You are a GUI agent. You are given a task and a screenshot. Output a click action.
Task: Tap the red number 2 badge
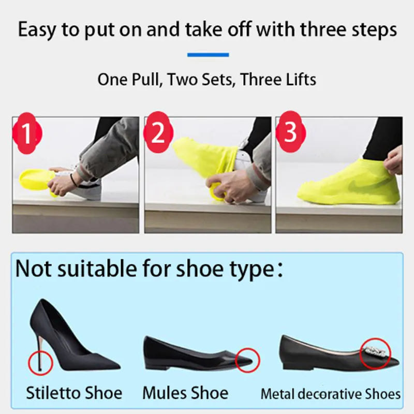[x=158, y=133]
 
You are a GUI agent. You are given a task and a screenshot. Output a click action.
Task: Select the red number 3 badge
[x=290, y=132]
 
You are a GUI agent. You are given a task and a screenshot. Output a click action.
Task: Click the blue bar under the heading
[x=208, y=54]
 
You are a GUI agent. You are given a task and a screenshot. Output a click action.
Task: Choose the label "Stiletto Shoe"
[x=74, y=393]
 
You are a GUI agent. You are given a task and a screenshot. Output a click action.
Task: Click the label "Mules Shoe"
[x=185, y=393]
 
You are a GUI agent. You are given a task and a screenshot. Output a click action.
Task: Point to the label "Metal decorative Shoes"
[x=331, y=394]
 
